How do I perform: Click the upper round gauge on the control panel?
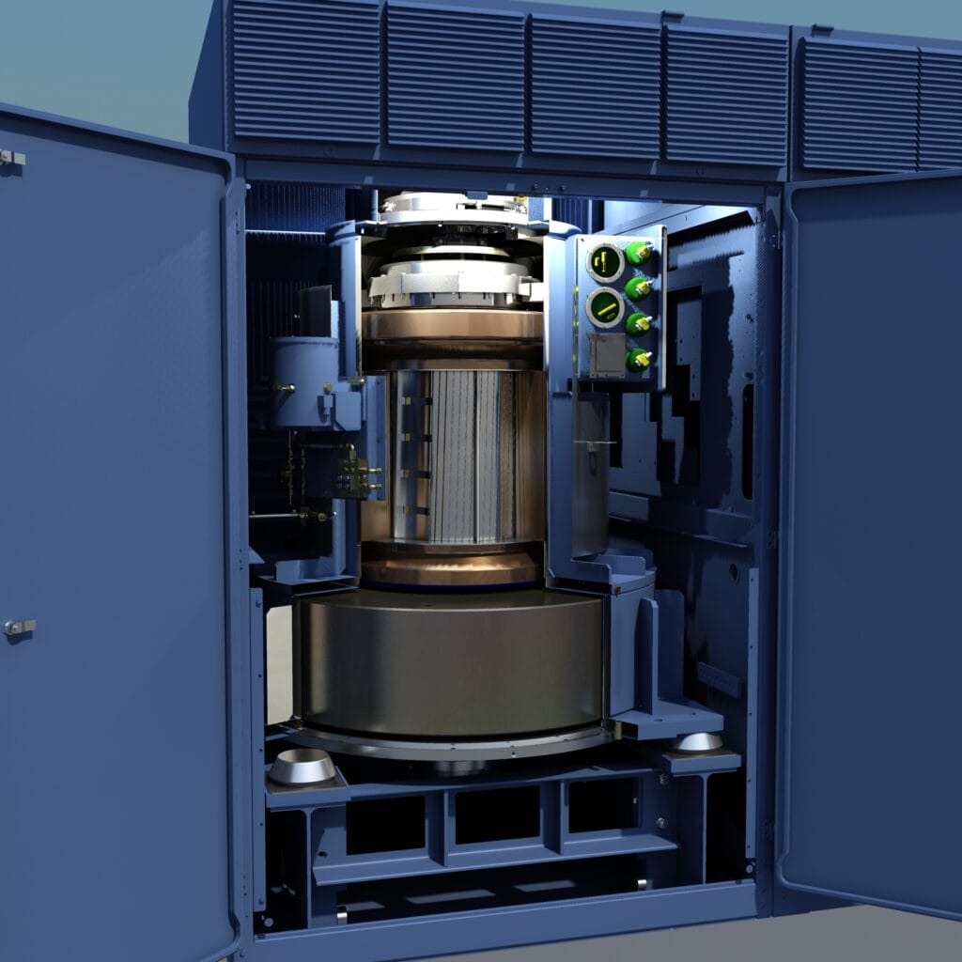(605, 262)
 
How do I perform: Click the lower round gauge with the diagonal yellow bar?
(605, 307)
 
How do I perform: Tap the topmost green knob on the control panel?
(639, 253)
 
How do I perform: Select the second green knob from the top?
(639, 287)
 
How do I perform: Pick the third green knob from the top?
(639, 323)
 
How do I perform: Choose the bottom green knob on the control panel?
(639, 359)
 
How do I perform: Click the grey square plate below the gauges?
(605, 354)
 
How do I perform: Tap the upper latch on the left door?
(11, 158)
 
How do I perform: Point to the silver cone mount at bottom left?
(302, 767)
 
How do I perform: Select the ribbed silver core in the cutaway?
(467, 456)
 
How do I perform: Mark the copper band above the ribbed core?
(454, 326)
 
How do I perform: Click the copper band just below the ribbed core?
(451, 567)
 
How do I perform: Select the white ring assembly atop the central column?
(454, 277)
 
